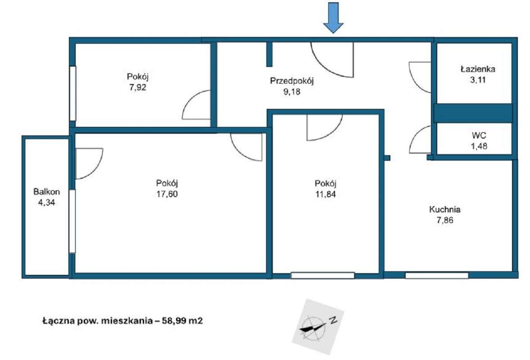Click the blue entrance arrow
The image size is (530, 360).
pos(333,18)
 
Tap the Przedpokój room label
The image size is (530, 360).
pos(292,81)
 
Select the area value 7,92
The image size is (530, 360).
pos(138,87)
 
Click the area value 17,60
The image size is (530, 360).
pos(167,194)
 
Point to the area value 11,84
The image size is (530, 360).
pos(326,194)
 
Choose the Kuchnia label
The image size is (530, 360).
pos(445,209)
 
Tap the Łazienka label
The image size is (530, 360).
pos(478,69)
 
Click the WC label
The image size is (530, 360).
pos(479,136)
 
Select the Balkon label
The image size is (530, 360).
pos(47,192)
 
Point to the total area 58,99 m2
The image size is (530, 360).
pos(182,320)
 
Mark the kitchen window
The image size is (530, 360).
pos(437,275)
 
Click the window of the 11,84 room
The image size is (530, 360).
pos(322,275)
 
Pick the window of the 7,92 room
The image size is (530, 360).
pos(72,93)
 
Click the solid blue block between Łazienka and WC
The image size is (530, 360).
pos(473,113)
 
